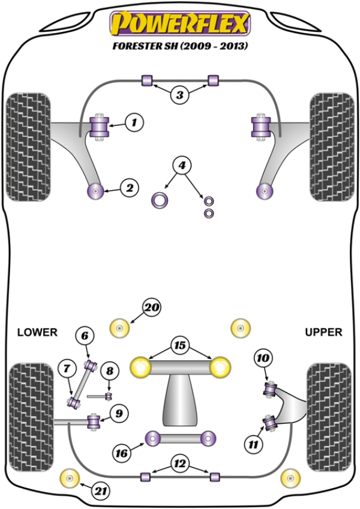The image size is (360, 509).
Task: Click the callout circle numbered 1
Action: click(134, 123)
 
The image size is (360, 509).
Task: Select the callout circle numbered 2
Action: click(128, 188)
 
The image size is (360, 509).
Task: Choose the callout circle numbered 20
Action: click(151, 308)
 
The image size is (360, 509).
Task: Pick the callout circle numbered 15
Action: click(179, 346)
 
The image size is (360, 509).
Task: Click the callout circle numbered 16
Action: click(122, 454)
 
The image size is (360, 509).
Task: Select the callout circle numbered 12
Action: click(179, 463)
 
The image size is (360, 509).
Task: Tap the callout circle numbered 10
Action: click(263, 359)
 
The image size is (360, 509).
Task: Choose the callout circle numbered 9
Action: click(118, 413)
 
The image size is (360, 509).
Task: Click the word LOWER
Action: click(37, 332)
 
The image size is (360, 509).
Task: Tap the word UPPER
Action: click(323, 332)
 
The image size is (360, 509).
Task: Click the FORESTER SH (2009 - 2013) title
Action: click(179, 46)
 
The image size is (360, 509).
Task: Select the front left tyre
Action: click(28, 148)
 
